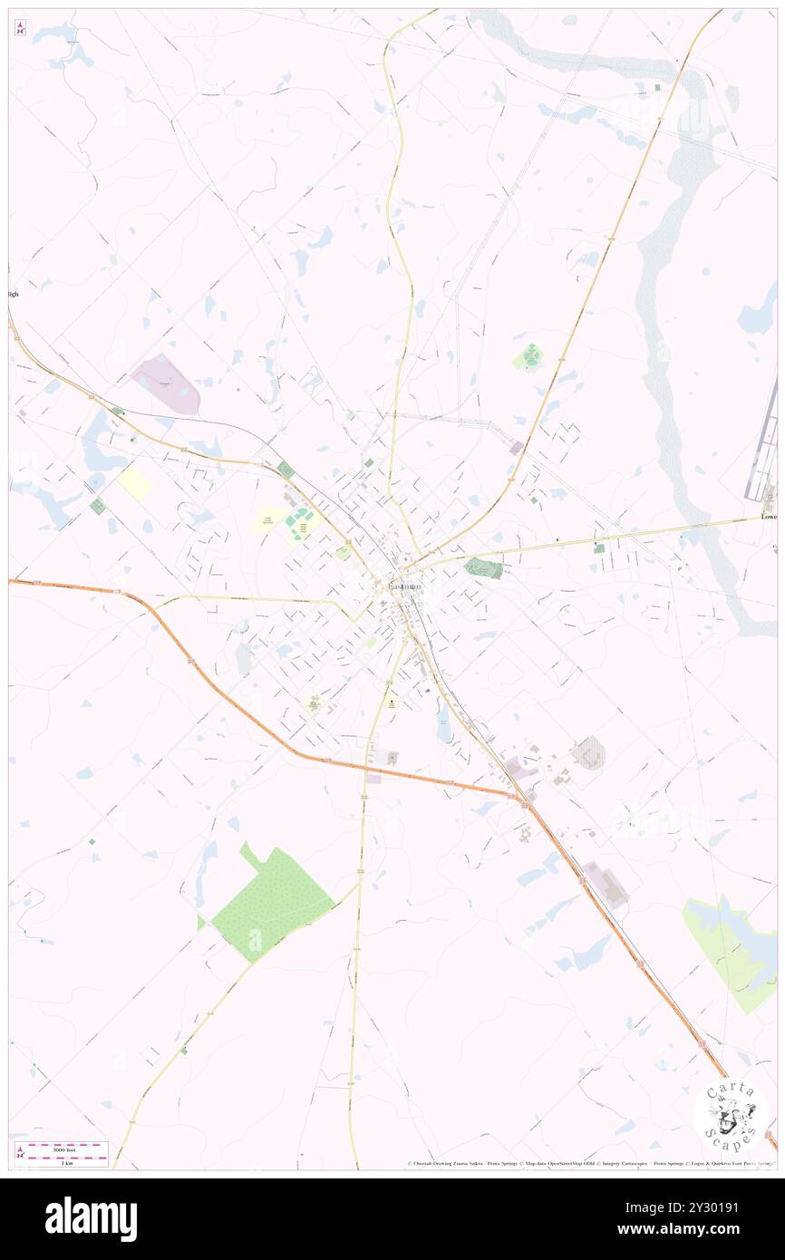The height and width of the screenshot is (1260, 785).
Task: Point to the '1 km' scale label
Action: click(63, 1163)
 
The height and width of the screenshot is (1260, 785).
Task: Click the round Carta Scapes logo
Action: click(730, 1117)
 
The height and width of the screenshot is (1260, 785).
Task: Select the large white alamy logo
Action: click(91, 1218)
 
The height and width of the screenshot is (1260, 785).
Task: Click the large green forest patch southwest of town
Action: click(272, 902)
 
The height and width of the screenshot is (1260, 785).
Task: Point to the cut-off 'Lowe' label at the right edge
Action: click(769, 517)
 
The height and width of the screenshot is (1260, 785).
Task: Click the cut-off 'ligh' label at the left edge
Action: click(13, 294)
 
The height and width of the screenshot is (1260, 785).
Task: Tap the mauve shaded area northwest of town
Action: click(166, 384)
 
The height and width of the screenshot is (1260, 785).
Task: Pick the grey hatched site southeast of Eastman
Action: click(588, 753)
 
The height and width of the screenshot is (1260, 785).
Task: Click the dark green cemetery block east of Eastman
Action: click(482, 568)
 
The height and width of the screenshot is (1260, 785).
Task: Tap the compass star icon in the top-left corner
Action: click(20, 28)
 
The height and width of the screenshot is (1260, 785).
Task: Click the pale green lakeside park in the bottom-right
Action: click(734, 952)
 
